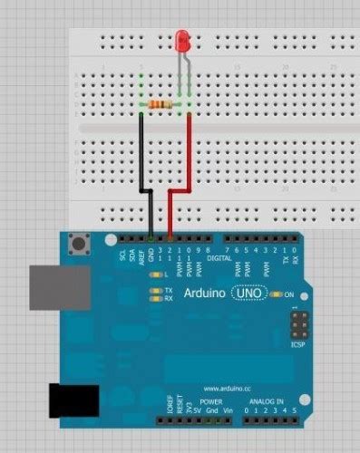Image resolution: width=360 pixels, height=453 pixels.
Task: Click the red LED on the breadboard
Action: pos(182,40)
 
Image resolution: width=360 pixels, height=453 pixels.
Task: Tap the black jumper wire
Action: pos(141,154)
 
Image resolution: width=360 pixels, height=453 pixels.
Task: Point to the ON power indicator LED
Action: pos(277,295)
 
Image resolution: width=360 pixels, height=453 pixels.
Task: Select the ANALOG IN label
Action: pos(266,400)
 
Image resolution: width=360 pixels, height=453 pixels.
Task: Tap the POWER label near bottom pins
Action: pos(210,400)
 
